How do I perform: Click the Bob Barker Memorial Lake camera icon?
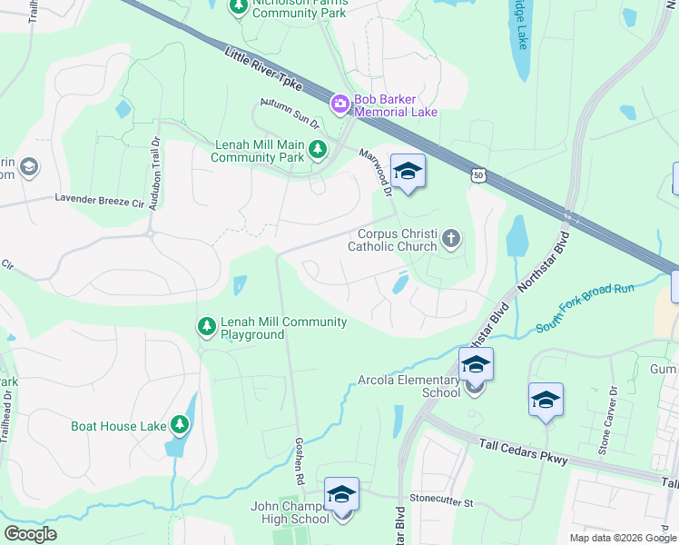click(339, 104)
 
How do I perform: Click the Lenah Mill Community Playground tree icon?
click(207, 325)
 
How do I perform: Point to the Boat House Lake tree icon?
click(180, 424)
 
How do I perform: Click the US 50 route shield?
click(478, 174)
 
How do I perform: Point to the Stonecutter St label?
click(441, 500)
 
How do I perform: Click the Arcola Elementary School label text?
click(402, 386)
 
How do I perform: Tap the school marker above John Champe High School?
click(342, 495)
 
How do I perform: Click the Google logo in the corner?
click(31, 534)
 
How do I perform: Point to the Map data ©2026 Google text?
click(622, 538)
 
